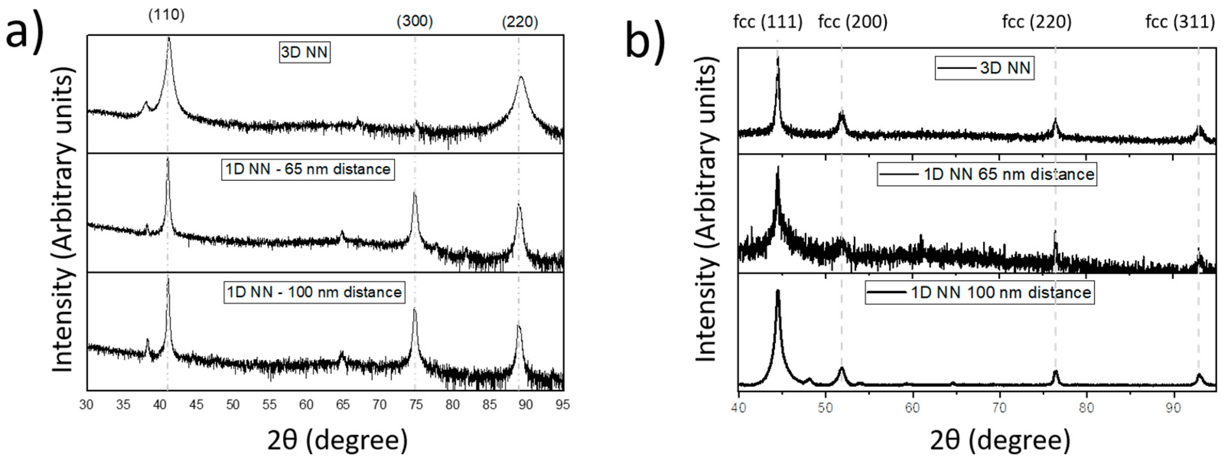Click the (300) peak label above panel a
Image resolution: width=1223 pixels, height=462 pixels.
coord(415,21)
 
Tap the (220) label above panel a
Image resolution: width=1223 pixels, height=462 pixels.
coord(520,22)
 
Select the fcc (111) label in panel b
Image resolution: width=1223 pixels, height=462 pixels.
coord(768,22)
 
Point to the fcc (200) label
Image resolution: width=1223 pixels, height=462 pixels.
coord(853,22)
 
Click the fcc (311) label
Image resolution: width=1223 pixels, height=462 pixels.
coord(1180,22)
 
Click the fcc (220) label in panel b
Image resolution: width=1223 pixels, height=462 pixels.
coord(1037,22)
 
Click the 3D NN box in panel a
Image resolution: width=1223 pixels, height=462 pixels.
coord(304,52)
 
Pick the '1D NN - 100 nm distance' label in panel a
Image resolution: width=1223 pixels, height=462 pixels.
coord(314,291)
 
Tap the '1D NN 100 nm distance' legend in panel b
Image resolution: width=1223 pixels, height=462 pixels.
coord(979,292)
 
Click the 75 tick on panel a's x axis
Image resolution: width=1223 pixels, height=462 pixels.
coord(416,405)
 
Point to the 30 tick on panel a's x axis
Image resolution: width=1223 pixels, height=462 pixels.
coord(86,405)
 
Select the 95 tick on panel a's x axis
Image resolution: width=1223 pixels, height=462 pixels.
coord(563,405)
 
